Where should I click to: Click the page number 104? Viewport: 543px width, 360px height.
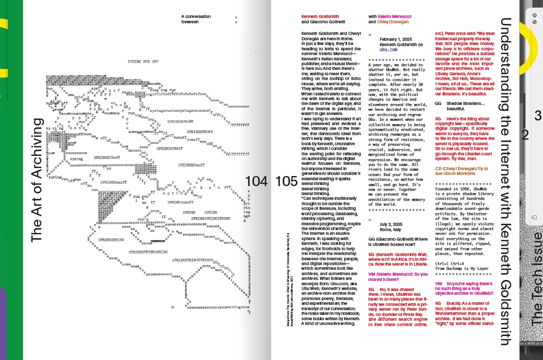[257, 181]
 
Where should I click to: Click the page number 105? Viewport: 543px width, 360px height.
[287, 181]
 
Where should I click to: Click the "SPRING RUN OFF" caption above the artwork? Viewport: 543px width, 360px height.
[143, 62]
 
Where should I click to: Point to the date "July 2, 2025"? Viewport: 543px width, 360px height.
[392, 224]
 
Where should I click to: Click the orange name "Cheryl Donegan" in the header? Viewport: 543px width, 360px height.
[393, 22]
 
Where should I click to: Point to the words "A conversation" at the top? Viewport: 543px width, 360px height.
[196, 16]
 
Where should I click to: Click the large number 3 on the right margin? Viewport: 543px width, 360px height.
[538, 115]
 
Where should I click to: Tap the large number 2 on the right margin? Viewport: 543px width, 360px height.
[525, 135]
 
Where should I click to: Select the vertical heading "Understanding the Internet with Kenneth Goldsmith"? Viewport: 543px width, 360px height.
[506, 180]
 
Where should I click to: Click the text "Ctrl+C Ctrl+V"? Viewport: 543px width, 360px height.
[453, 263]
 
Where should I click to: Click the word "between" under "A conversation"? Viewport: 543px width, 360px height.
[190, 22]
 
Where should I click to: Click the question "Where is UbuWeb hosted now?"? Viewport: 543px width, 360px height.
[398, 242]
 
